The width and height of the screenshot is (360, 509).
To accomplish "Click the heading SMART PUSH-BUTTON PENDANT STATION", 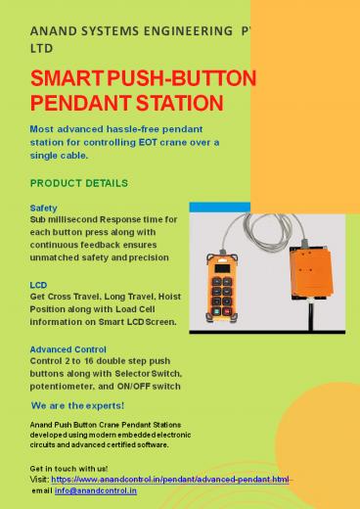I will [x=143, y=89].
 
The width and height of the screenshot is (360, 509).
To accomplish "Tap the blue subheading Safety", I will [x=44, y=208].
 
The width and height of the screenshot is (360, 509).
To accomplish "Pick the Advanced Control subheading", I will [x=69, y=347].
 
